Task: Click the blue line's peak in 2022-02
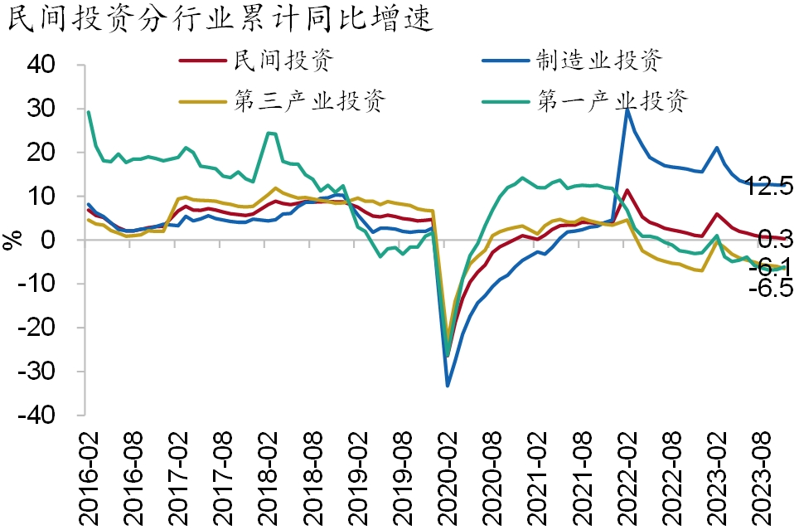coord(627,109)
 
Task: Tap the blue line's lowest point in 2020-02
coord(448,386)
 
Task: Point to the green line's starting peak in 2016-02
coord(89,111)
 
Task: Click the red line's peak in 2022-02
coord(627,190)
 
